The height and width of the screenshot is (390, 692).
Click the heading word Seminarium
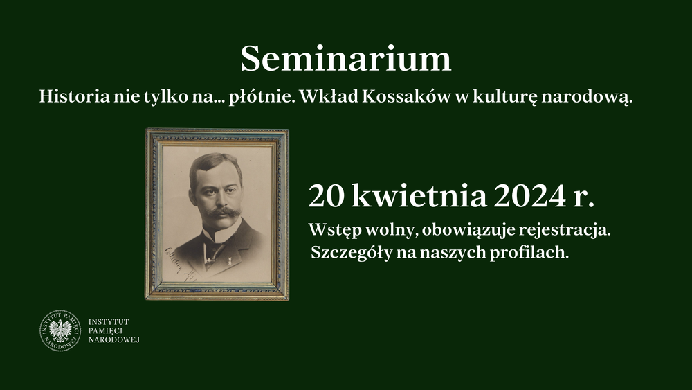(345, 59)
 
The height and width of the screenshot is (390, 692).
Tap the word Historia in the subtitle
(74, 96)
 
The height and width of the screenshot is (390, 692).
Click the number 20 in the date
(326, 195)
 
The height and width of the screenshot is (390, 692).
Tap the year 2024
(529, 195)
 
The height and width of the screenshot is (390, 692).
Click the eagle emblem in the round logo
(60, 330)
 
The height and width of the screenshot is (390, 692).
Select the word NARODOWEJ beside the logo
(114, 339)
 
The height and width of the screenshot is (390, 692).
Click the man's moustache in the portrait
(221, 212)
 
